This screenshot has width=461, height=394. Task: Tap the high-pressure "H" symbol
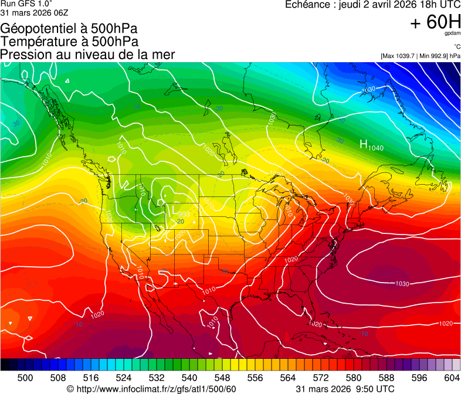click(x=364, y=144)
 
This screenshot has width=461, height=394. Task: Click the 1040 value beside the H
click(x=376, y=148)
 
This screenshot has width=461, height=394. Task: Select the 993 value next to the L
click(x=184, y=214)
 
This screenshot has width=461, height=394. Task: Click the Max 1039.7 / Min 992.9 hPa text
click(x=420, y=56)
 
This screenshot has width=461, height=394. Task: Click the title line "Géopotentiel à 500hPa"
click(x=70, y=28)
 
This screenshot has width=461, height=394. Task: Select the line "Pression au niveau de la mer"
click(x=87, y=55)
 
